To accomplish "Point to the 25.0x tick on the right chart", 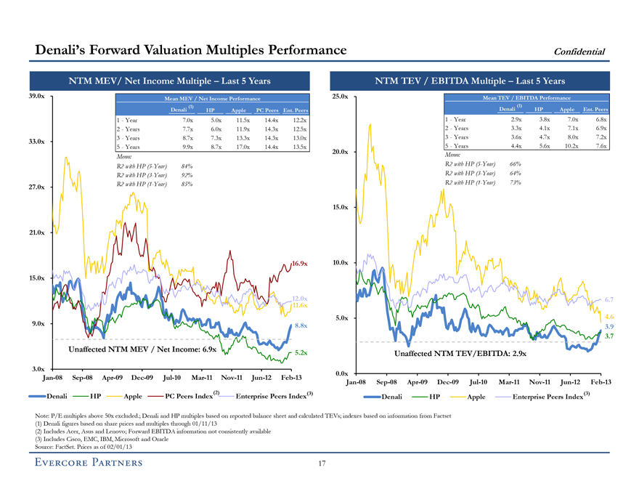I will (341, 97).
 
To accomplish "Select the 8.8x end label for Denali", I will (302, 325).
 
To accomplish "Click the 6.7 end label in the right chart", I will (609, 299).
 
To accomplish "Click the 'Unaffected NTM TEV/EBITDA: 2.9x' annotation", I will (460, 354).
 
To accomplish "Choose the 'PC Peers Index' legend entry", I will (187, 395).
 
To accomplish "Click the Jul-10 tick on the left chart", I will (172, 378).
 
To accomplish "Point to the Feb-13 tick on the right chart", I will (601, 382).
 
